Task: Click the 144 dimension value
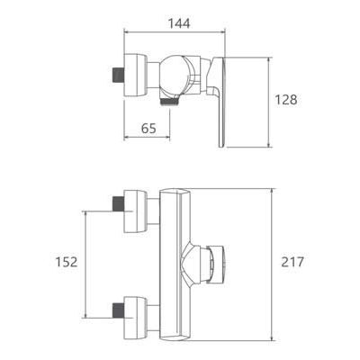(178, 23)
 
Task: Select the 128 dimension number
(286, 100)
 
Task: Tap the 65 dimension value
(148, 129)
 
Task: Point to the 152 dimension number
(67, 262)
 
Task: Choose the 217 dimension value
(292, 262)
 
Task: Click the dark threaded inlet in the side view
(118, 75)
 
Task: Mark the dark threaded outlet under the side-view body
(170, 102)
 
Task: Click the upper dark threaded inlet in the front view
(118, 203)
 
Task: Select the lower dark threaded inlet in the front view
(118, 310)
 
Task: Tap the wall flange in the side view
(135, 75)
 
